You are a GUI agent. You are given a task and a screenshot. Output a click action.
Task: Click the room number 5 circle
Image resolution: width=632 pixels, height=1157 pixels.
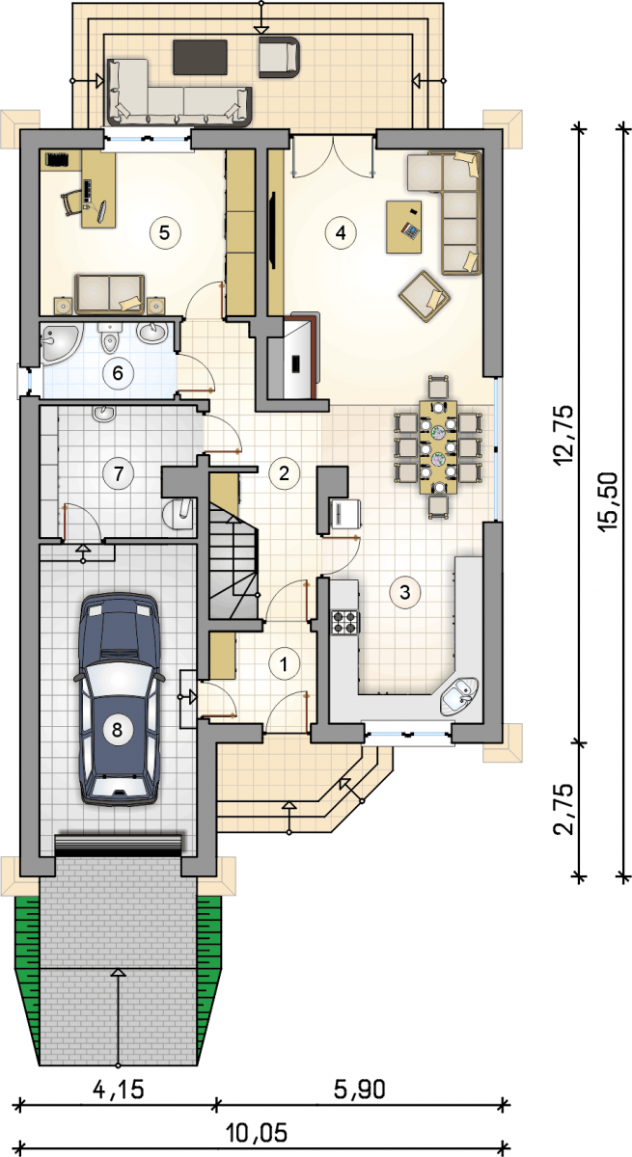(165, 232)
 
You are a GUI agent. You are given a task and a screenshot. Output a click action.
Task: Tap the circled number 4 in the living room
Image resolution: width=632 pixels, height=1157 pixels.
(341, 232)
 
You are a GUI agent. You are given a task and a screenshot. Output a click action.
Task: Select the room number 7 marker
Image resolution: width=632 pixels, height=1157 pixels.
(119, 473)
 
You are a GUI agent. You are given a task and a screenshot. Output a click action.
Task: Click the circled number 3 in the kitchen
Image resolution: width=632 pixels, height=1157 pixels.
(405, 592)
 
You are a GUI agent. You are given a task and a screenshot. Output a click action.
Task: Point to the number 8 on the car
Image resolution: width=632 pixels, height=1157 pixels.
(118, 729)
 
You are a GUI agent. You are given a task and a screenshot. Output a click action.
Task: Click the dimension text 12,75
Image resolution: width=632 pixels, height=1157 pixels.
(563, 435)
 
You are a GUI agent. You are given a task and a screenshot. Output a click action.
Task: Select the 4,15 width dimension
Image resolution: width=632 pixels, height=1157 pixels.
(119, 1090)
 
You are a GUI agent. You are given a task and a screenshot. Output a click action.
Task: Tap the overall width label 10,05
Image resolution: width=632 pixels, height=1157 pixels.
(257, 1133)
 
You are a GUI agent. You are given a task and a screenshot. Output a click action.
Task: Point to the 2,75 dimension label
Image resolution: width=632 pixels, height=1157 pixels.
(563, 809)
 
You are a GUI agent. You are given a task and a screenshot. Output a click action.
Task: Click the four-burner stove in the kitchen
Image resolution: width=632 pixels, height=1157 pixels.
(345, 622)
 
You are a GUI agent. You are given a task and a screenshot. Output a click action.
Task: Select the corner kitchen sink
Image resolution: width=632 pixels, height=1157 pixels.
(459, 697)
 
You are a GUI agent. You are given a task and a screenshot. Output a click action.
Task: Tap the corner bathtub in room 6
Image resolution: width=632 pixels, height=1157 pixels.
(61, 343)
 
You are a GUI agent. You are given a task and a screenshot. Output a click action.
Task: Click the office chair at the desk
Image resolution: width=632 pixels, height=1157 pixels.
(71, 202)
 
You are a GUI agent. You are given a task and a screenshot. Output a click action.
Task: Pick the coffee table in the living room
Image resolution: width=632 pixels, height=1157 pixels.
(403, 227)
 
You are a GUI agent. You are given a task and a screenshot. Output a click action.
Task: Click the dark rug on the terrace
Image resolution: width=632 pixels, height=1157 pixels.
(201, 57)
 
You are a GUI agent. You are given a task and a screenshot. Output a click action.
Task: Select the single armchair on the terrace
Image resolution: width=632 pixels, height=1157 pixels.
(279, 57)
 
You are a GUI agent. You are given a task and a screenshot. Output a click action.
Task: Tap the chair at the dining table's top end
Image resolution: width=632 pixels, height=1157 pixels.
(438, 388)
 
